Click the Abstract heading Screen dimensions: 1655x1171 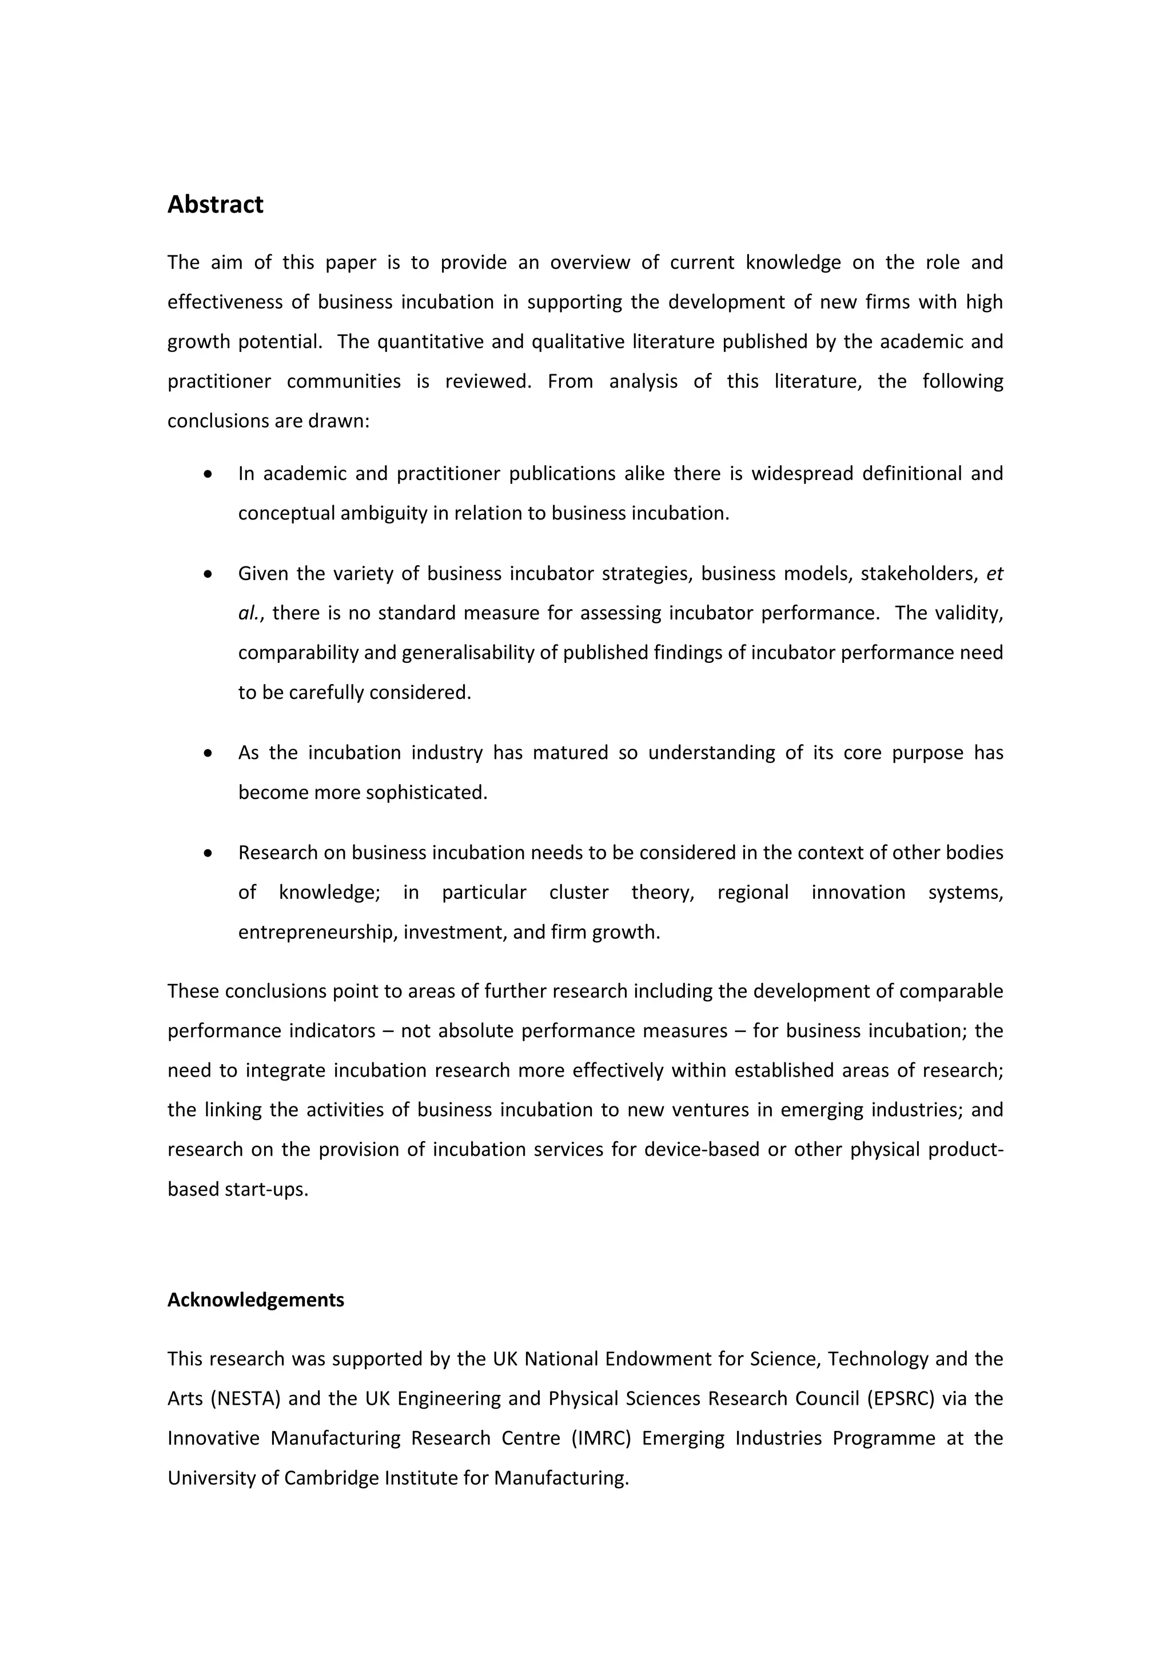tap(215, 205)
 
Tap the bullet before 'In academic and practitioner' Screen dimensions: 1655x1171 tap(208, 474)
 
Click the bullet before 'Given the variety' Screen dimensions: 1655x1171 tap(208, 574)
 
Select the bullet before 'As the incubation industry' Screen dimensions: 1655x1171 tap(208, 753)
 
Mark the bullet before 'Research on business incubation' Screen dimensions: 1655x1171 tap(208, 853)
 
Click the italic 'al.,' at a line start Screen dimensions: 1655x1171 tap(252, 613)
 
